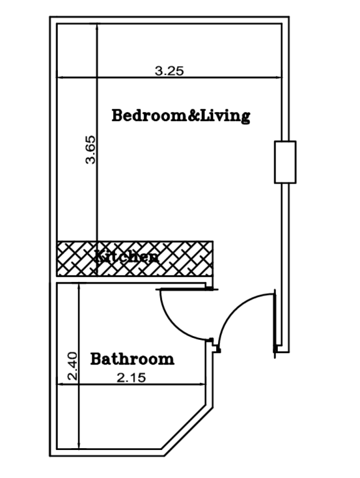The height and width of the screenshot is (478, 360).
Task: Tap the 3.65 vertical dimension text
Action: (x=91, y=150)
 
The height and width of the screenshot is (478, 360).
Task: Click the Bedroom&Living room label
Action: (x=181, y=116)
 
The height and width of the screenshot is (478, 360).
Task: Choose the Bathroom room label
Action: (x=132, y=359)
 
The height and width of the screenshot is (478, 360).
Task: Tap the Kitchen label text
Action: (x=127, y=256)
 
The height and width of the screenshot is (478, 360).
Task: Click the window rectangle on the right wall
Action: (x=285, y=162)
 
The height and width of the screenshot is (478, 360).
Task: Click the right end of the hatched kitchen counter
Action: (x=212, y=259)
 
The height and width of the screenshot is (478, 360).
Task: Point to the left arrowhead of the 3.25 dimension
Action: (x=60, y=77)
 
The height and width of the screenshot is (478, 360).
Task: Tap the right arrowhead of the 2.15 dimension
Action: (x=203, y=385)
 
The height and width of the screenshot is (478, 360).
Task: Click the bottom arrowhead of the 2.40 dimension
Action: (x=79, y=446)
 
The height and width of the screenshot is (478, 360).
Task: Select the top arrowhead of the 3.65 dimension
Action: (x=97, y=27)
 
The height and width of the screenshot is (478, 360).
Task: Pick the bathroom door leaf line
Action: (x=187, y=289)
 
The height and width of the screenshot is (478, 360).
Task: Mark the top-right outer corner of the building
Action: (x=289, y=17)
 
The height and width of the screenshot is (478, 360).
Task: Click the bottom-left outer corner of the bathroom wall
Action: (x=49, y=456)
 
